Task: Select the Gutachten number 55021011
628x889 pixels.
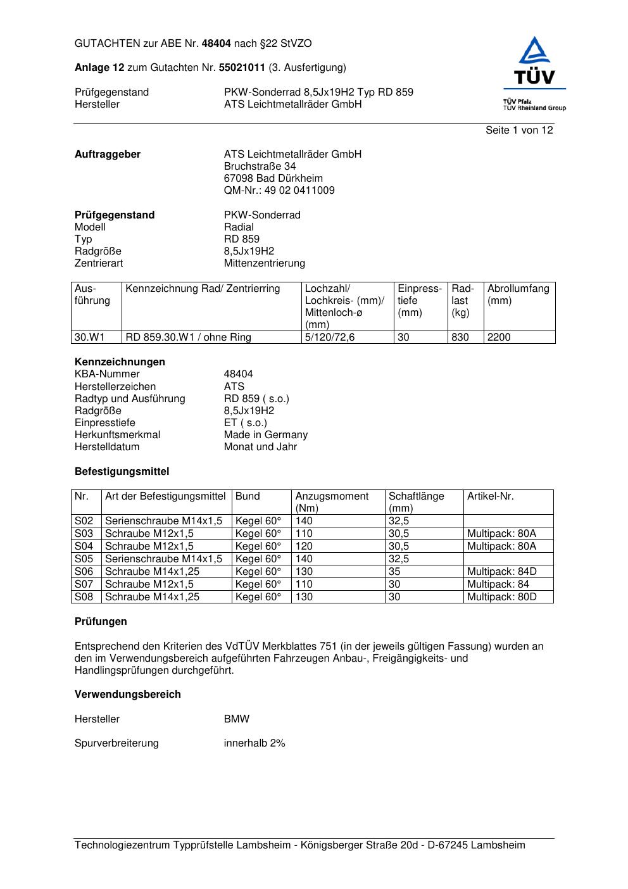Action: [x=242, y=67]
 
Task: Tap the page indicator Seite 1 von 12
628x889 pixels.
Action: [x=519, y=130]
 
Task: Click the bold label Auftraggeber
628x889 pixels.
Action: [x=108, y=154]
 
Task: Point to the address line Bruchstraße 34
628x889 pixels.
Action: [x=260, y=166]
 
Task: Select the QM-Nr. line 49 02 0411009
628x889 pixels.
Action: [x=279, y=190]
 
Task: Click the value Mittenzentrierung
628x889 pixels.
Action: [x=264, y=263]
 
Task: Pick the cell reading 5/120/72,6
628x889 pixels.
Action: [x=330, y=337]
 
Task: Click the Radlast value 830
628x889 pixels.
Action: [x=460, y=337]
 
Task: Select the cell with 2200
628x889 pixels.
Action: [x=499, y=337]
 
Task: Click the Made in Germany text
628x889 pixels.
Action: [x=265, y=434]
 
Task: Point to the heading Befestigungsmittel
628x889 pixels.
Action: [x=122, y=471]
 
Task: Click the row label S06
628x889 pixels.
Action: [x=84, y=571]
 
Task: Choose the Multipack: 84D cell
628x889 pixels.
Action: [x=501, y=571]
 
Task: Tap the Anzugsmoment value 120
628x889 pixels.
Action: [x=305, y=546]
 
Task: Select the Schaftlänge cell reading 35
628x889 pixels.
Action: [x=394, y=571]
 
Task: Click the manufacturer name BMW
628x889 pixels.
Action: [x=236, y=719]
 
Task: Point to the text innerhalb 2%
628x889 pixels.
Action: [x=254, y=743]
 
